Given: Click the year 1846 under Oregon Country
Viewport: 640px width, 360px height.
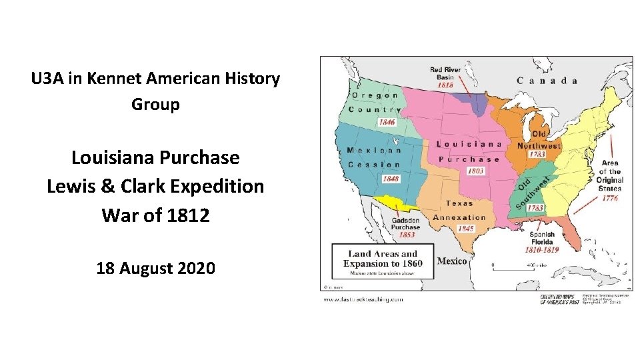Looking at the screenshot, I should (x=387, y=123).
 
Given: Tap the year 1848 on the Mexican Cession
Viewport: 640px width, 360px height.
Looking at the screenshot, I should (x=391, y=179).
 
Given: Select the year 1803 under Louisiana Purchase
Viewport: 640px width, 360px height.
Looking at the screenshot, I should (x=475, y=171).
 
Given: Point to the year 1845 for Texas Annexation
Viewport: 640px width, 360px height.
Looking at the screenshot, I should (x=466, y=229).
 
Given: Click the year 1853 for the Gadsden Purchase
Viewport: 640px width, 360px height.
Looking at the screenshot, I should (x=407, y=235).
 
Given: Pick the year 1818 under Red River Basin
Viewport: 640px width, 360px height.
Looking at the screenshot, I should (x=445, y=85).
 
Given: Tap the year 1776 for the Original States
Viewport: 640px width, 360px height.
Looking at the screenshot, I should (x=609, y=198).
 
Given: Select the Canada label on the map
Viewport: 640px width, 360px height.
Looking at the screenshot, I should (x=546, y=81).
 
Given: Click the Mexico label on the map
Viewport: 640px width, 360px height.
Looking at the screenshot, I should (x=451, y=261).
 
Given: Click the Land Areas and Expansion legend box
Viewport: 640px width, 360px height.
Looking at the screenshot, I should (x=382, y=261).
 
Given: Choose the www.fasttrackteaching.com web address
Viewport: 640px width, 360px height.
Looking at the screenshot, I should (x=363, y=299).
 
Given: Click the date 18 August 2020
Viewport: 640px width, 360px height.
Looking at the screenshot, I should (x=155, y=269).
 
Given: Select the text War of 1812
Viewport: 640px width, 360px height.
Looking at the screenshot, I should (x=155, y=215).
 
